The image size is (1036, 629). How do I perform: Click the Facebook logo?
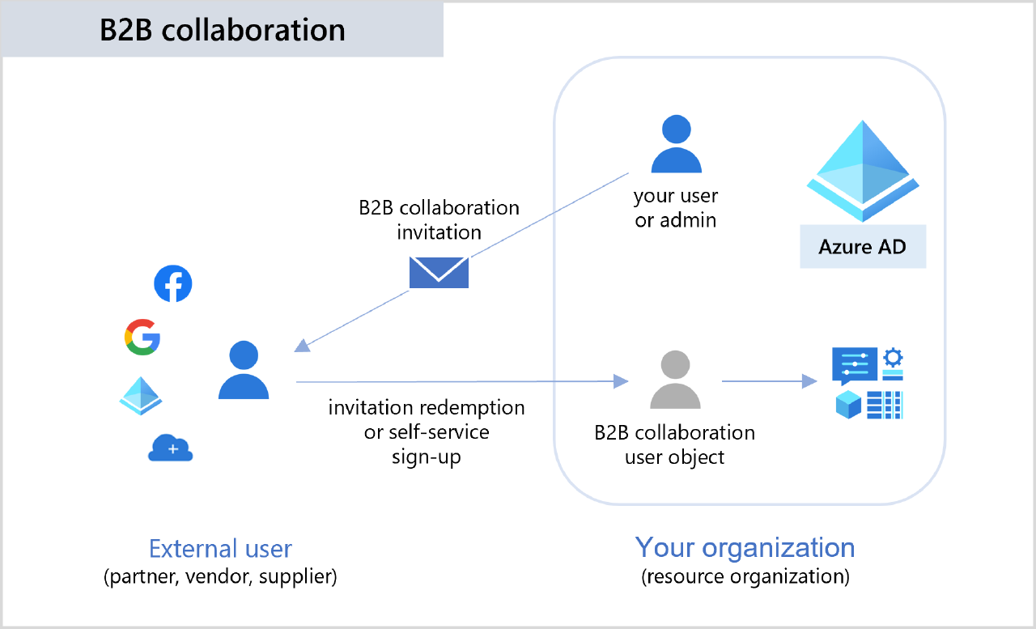point(173,284)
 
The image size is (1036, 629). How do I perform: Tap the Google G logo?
point(142,337)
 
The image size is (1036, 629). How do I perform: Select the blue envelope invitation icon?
point(439,272)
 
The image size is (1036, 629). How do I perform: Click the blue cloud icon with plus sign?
point(171,448)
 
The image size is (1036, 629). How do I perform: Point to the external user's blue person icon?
point(244,370)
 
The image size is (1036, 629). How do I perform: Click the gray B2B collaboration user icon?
point(676,380)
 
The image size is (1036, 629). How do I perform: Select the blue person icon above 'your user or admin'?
point(676,145)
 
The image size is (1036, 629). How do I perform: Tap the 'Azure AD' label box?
point(862,247)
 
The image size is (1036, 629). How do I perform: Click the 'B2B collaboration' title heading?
point(223,30)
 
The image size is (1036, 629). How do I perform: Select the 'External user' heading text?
point(220,548)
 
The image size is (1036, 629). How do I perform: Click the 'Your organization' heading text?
point(745,547)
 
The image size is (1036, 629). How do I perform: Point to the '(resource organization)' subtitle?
point(745,577)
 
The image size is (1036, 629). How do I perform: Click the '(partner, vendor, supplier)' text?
point(220,577)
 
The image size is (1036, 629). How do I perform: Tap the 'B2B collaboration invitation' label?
point(439,219)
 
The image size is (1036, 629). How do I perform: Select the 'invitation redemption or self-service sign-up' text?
point(427,431)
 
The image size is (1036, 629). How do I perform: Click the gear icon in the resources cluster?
point(893,357)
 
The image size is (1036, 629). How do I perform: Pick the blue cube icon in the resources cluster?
point(847,406)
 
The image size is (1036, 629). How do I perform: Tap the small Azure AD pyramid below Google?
point(142,395)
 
